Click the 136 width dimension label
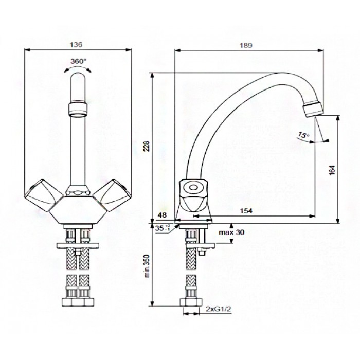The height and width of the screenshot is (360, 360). (x=76, y=44)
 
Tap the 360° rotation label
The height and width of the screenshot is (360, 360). (x=78, y=61)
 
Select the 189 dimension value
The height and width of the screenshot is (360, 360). (x=246, y=45)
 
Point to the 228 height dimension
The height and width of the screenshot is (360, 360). (x=147, y=146)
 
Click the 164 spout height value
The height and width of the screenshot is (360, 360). (x=332, y=170)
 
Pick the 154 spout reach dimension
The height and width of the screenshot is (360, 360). (x=246, y=211)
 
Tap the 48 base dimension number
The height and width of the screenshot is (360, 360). (x=163, y=215)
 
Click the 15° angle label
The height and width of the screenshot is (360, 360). (x=303, y=135)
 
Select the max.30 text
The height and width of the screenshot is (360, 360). (x=231, y=232)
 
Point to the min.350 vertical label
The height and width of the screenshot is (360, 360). (x=147, y=266)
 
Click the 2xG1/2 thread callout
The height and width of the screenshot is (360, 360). (x=219, y=309)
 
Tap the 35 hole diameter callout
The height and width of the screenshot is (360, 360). (x=163, y=228)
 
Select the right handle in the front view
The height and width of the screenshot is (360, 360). (x=112, y=195)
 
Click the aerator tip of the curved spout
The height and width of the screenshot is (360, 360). (x=313, y=110)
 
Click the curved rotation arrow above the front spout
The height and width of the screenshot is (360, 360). (x=78, y=68)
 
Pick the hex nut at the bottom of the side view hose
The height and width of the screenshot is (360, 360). (x=191, y=302)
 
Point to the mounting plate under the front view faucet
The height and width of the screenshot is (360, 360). (x=78, y=245)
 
